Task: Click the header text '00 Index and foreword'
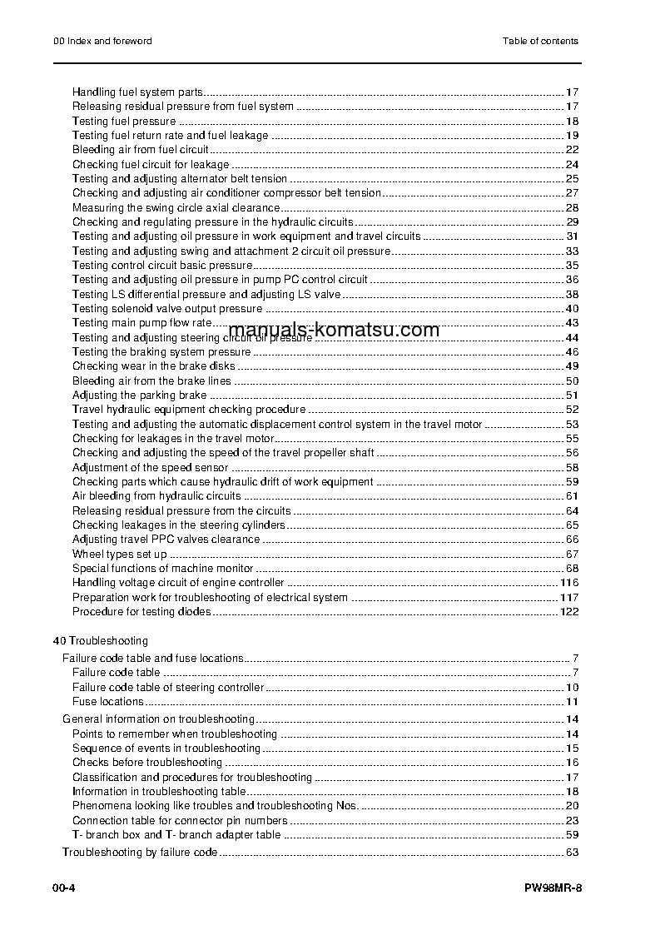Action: coord(97,41)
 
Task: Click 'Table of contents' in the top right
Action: coord(540,41)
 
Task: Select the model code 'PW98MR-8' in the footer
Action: coord(553,888)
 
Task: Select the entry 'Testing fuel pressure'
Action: coord(124,122)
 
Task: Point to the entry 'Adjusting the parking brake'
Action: coord(139,395)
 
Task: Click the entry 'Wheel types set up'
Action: coord(119,555)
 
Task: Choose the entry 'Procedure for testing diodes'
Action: coord(141,612)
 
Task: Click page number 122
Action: coord(569,612)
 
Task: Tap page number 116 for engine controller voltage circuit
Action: coord(569,583)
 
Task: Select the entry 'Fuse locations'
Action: coord(107,702)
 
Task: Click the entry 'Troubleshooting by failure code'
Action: coord(140,853)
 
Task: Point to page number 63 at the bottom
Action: coord(572,853)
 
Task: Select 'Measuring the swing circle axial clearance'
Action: coord(176,208)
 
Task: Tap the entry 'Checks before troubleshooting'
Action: coord(146,763)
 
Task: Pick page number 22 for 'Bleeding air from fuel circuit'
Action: coord(572,150)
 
